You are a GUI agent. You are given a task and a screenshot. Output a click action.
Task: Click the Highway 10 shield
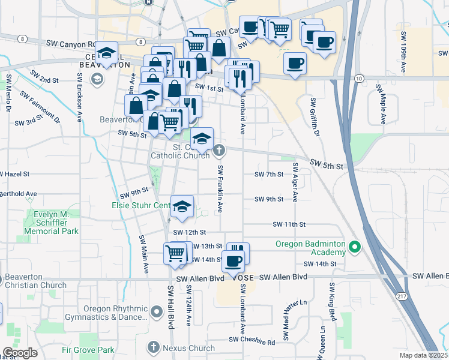click(x=359, y=79)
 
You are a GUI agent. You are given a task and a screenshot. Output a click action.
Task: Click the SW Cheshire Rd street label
click(x=252, y=341)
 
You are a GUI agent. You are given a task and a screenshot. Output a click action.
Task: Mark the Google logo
click(x=20, y=353)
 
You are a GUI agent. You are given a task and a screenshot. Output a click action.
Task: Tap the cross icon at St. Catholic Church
click(x=219, y=150)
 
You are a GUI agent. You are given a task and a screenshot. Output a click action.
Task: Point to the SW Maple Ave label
click(x=381, y=103)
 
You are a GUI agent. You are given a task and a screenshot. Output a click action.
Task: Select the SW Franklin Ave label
click(x=220, y=188)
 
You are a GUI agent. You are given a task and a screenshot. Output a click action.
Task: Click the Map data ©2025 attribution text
click(x=423, y=355)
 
